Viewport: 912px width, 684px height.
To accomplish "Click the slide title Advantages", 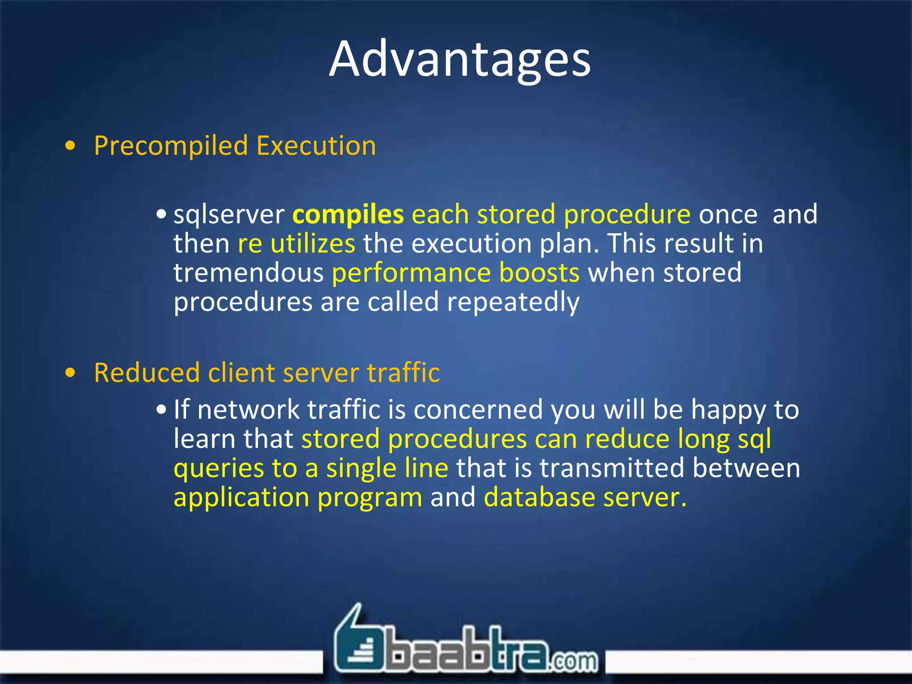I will [x=460, y=59].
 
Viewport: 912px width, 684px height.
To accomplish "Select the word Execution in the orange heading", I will [x=316, y=146].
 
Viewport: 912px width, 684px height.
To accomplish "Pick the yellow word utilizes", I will [x=313, y=244].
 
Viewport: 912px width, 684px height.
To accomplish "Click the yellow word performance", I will [x=411, y=273].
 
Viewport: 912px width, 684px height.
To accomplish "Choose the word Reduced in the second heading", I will [x=147, y=373].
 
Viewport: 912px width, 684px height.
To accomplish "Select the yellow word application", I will [x=241, y=498].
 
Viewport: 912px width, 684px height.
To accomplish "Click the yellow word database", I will [x=539, y=497].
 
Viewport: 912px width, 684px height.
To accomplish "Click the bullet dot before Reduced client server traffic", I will [x=70, y=373].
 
